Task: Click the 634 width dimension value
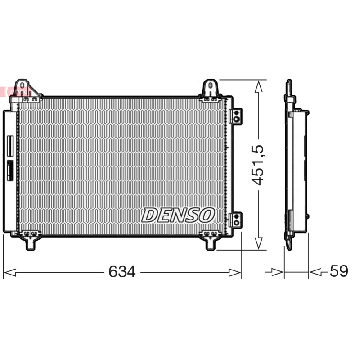pyautogui.click(x=122, y=272)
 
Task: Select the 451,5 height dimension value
pyautogui.click(x=257, y=165)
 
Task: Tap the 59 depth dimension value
pyautogui.click(x=339, y=271)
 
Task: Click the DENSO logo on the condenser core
pyautogui.click(x=178, y=215)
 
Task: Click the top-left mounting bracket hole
pyautogui.click(x=22, y=85)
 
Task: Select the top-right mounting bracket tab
pyautogui.click(x=210, y=88)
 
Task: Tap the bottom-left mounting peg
pyautogui.click(x=30, y=244)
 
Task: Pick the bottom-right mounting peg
pyautogui.click(x=210, y=244)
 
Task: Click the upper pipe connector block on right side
pyautogui.click(x=236, y=116)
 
